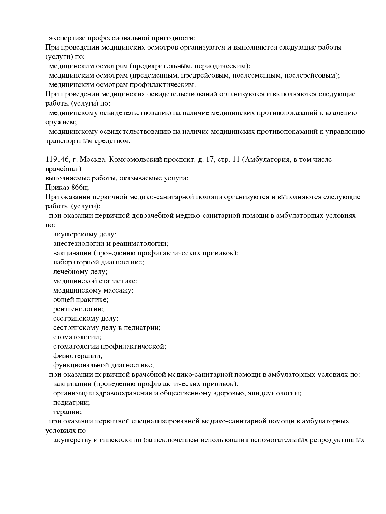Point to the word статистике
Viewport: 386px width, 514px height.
[x=118, y=281]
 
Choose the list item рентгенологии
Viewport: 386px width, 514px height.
[x=78, y=309]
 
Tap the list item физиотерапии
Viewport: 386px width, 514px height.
[x=78, y=356]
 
